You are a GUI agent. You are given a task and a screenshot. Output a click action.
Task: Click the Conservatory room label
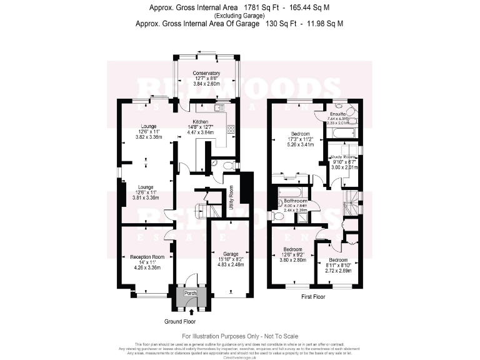(206, 73)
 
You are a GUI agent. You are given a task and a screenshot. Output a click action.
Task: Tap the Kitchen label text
(200, 121)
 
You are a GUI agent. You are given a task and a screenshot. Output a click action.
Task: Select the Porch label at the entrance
(190, 292)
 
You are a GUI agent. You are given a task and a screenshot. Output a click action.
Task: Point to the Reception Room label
(147, 256)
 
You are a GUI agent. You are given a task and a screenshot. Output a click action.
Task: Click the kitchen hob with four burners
(231, 130)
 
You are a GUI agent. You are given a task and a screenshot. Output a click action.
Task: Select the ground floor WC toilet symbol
(215, 164)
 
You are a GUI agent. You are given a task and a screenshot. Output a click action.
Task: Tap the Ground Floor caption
(181, 321)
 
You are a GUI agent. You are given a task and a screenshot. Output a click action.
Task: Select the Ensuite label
(338, 114)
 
